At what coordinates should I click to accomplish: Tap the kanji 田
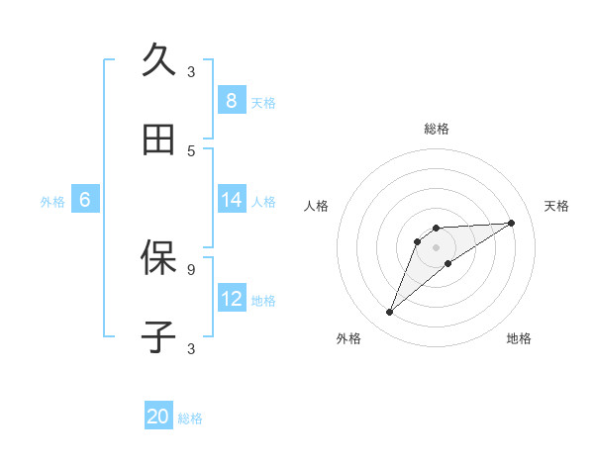pos(158,140)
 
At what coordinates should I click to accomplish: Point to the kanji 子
pos(158,336)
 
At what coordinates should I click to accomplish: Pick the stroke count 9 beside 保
pos(191,268)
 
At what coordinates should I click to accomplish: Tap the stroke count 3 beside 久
pos(191,71)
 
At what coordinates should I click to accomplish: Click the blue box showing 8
pos(231,100)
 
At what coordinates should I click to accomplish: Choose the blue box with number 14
pos(231,200)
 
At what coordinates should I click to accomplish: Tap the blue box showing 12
pos(231,299)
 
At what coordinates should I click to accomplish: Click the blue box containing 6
pos(85,200)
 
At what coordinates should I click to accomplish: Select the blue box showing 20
pos(158,417)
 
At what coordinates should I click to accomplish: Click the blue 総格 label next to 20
pos(190,418)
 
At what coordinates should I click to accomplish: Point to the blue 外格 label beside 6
pos(52,202)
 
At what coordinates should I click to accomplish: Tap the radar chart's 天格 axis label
pos(556,206)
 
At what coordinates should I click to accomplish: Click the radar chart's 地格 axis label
pos(519,338)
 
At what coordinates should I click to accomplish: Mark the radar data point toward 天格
pos(512,223)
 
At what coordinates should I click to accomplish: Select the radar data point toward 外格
pos(389,313)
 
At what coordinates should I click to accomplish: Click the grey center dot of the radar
pos(436,246)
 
